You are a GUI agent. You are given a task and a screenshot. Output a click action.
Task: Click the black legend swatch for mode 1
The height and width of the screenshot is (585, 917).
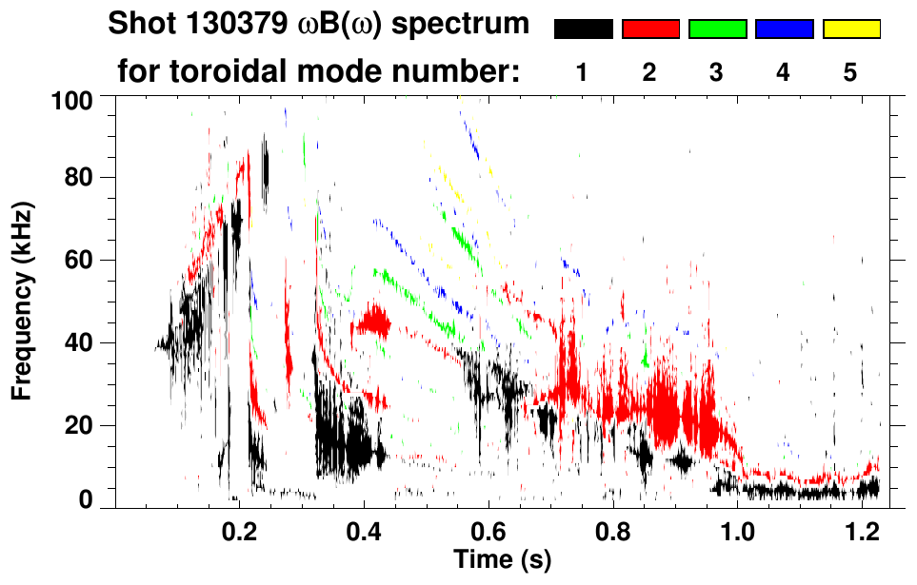coord(584,29)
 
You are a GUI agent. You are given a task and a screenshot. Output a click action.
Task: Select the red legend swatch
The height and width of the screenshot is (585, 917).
coord(650,29)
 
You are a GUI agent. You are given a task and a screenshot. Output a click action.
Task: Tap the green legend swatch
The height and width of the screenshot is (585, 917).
coord(717,29)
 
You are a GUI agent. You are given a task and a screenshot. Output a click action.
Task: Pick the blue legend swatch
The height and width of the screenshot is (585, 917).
coord(784,29)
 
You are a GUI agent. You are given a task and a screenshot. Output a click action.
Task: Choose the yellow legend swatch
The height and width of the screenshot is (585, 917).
coord(851,29)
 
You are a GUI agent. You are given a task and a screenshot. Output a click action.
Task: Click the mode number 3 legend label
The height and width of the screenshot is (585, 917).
coord(716,72)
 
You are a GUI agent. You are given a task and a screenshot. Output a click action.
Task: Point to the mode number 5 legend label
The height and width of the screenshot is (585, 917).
coord(850,72)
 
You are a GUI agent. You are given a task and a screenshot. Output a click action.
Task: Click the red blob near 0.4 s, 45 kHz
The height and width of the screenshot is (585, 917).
coord(372,323)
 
